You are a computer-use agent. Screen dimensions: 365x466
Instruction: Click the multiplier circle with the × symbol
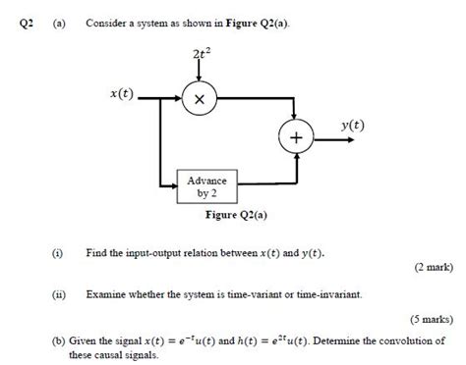click(x=199, y=99)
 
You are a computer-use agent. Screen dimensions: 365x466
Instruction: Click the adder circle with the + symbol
click(x=294, y=139)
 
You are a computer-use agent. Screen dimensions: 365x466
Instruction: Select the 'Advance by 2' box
click(x=206, y=186)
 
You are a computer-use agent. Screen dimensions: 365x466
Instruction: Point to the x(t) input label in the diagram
click(x=122, y=92)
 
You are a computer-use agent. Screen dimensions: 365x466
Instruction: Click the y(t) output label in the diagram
click(x=351, y=125)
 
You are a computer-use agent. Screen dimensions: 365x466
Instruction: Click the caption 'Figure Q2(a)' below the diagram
click(x=236, y=215)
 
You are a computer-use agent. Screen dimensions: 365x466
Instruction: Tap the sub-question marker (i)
click(x=59, y=252)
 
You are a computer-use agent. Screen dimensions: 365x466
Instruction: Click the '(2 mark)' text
click(x=430, y=267)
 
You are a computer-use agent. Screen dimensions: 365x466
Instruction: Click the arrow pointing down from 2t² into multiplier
click(x=199, y=74)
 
